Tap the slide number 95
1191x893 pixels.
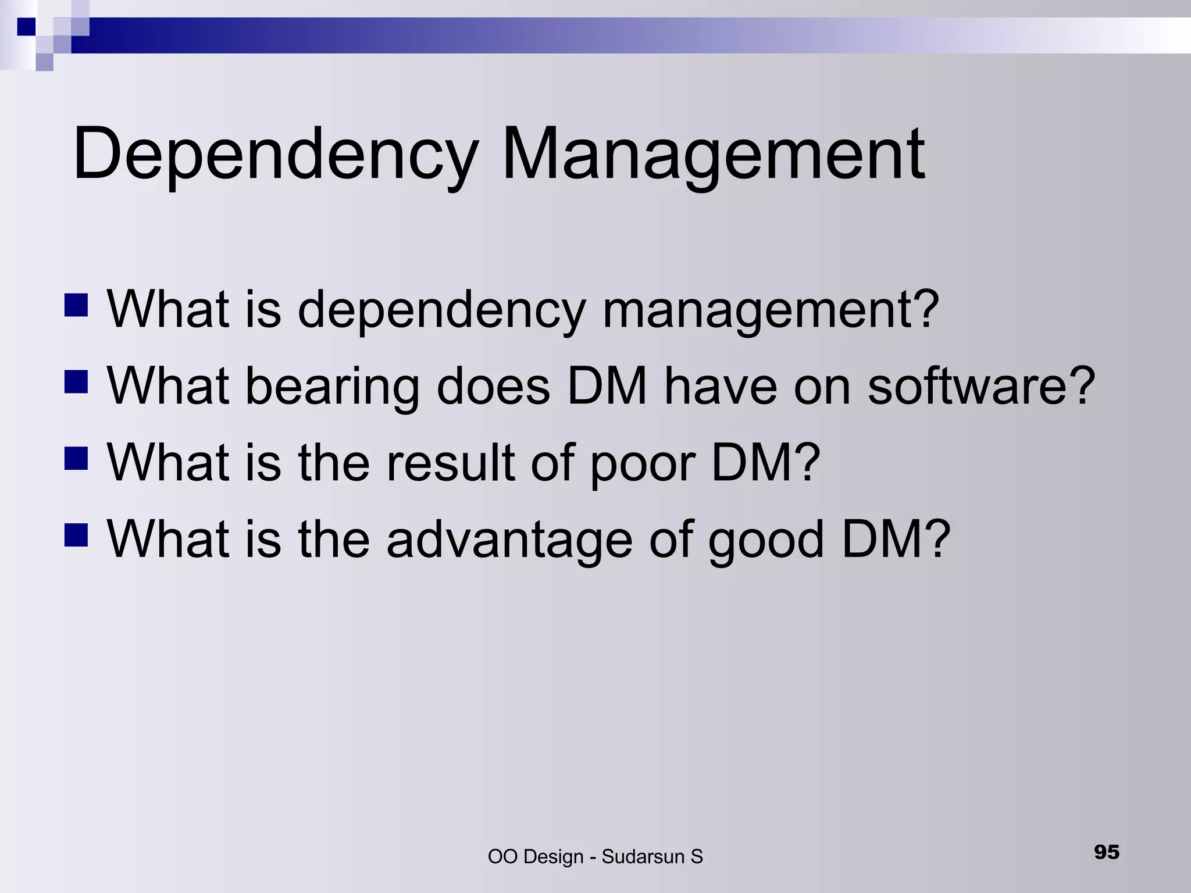click(1107, 852)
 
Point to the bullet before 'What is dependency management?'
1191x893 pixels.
click(76, 305)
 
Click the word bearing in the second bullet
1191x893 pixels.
click(332, 387)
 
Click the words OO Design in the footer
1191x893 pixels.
click(536, 856)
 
